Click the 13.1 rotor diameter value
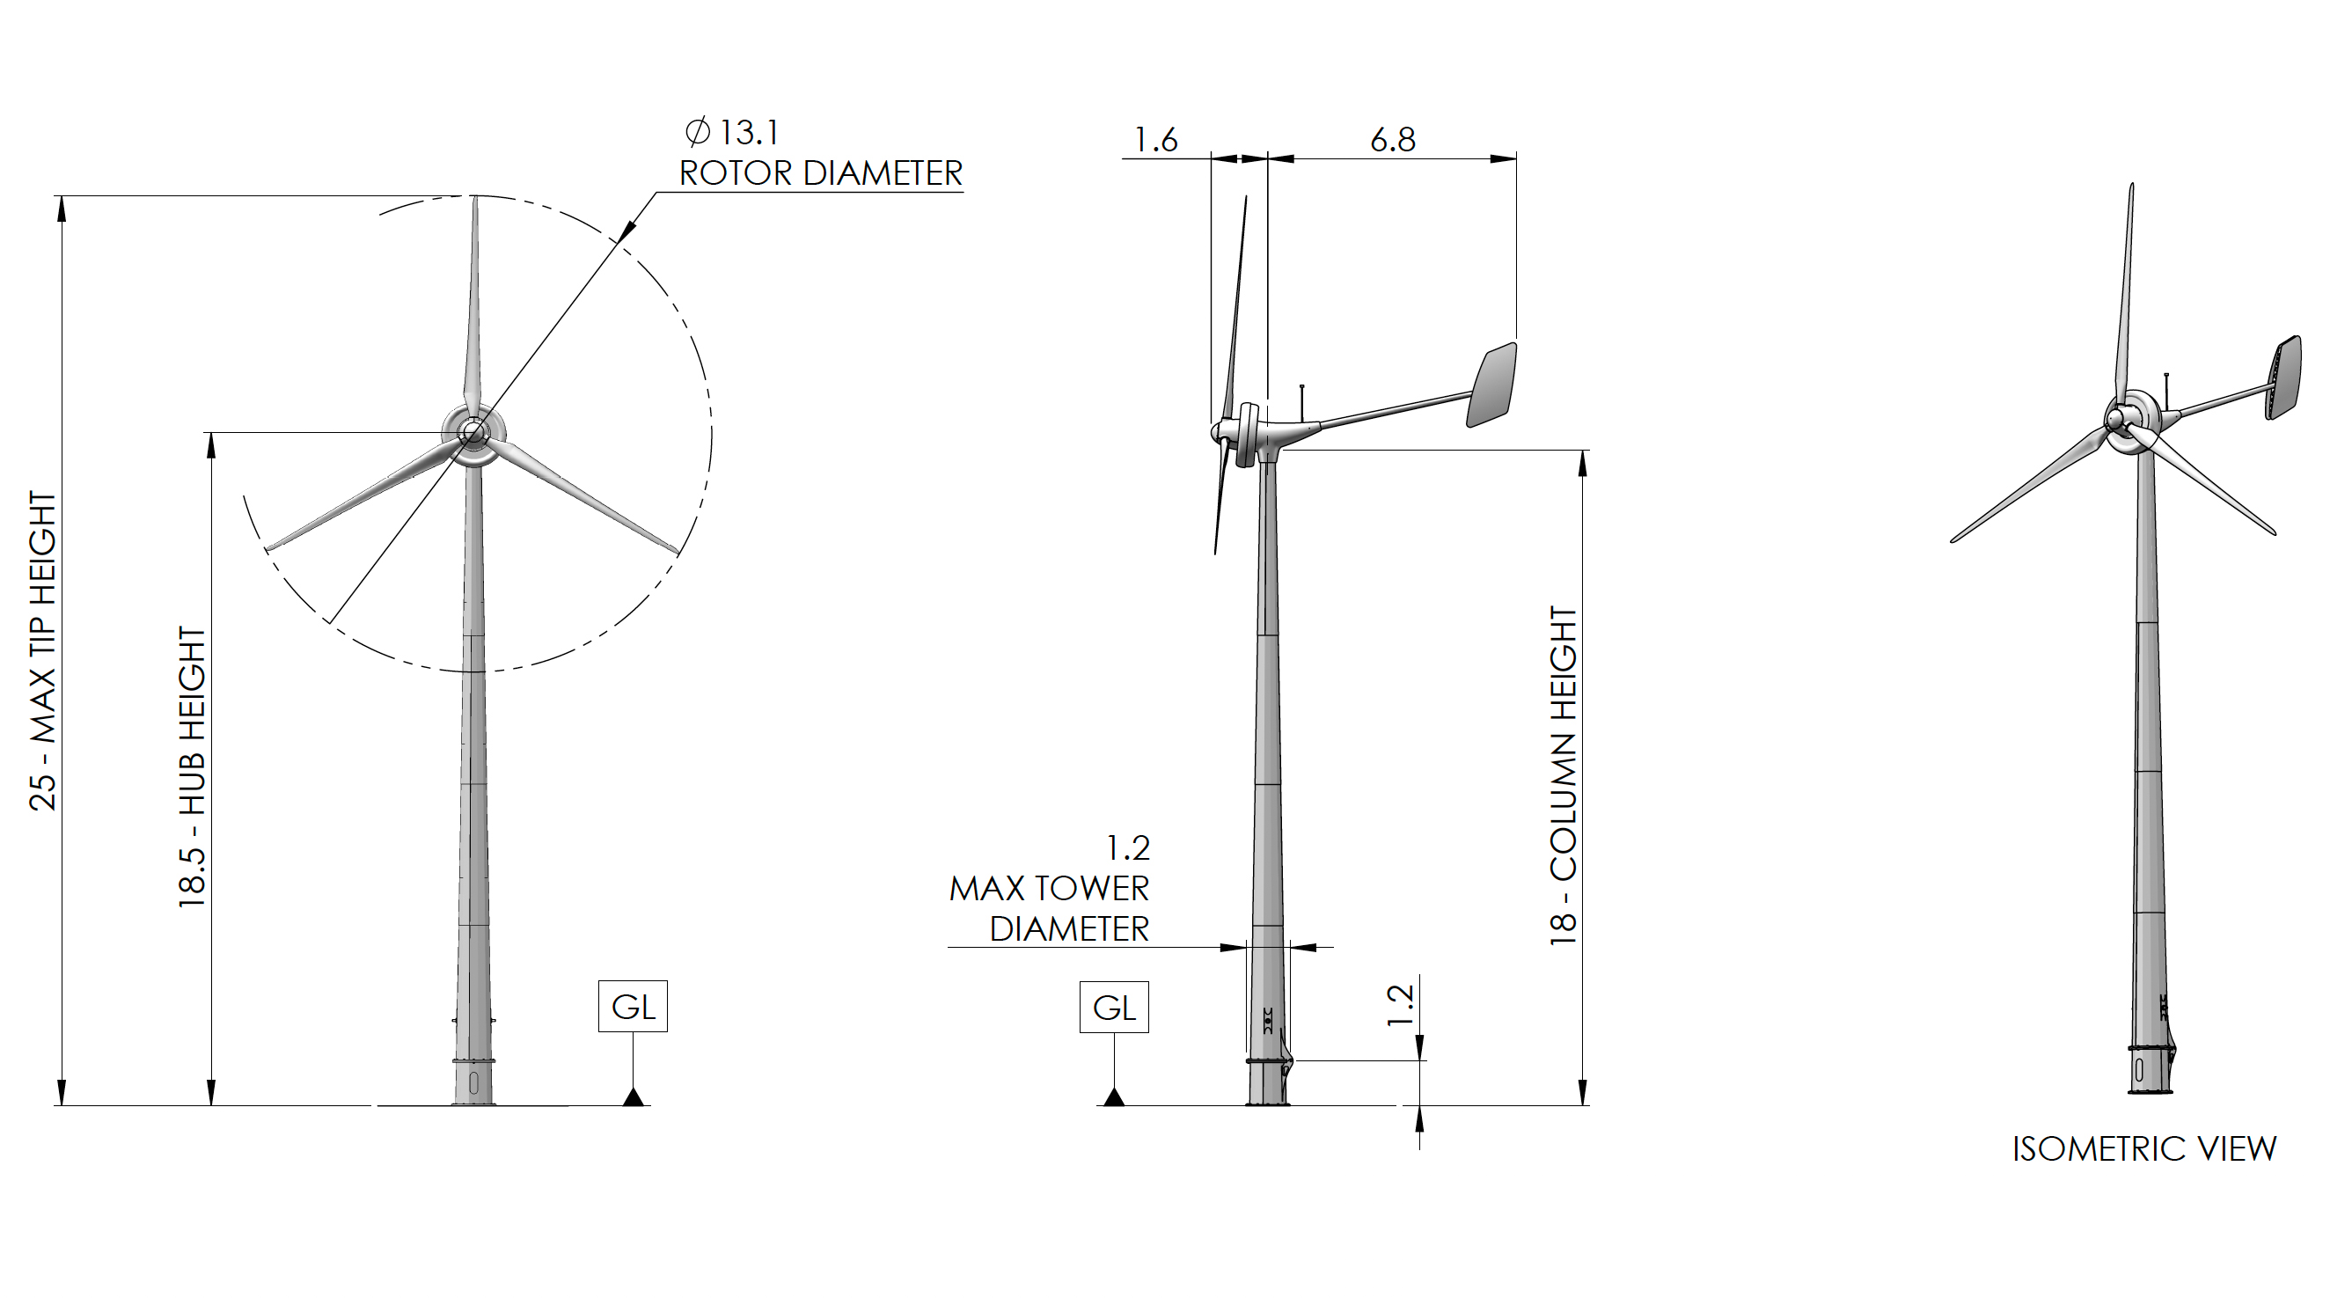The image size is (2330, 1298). pos(749,133)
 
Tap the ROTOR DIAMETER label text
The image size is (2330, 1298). pos(820,173)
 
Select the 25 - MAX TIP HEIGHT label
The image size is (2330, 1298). pos(43,650)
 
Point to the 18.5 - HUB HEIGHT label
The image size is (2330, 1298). pos(193,767)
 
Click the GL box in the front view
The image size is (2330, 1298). pos(633,1006)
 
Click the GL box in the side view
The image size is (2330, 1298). pos(1113,1007)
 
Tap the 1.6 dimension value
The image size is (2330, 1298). pos(1155,140)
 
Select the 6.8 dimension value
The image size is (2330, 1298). pos(1392,140)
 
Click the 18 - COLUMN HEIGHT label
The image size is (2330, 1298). pos(1564,776)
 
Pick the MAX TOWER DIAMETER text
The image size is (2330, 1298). pos(1049,908)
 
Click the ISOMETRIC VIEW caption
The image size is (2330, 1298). pos(2143,1148)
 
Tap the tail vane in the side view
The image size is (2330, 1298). pos(1492,385)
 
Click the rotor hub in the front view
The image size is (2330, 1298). pos(473,433)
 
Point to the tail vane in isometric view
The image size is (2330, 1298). pos(2284,378)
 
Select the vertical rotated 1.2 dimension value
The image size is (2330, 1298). pos(1400,1005)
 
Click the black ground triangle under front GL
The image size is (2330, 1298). pos(634,1097)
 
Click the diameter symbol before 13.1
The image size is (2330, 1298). pos(698,133)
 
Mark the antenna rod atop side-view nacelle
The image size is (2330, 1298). pos(1302,402)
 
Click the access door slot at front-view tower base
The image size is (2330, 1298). pos(473,1082)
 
